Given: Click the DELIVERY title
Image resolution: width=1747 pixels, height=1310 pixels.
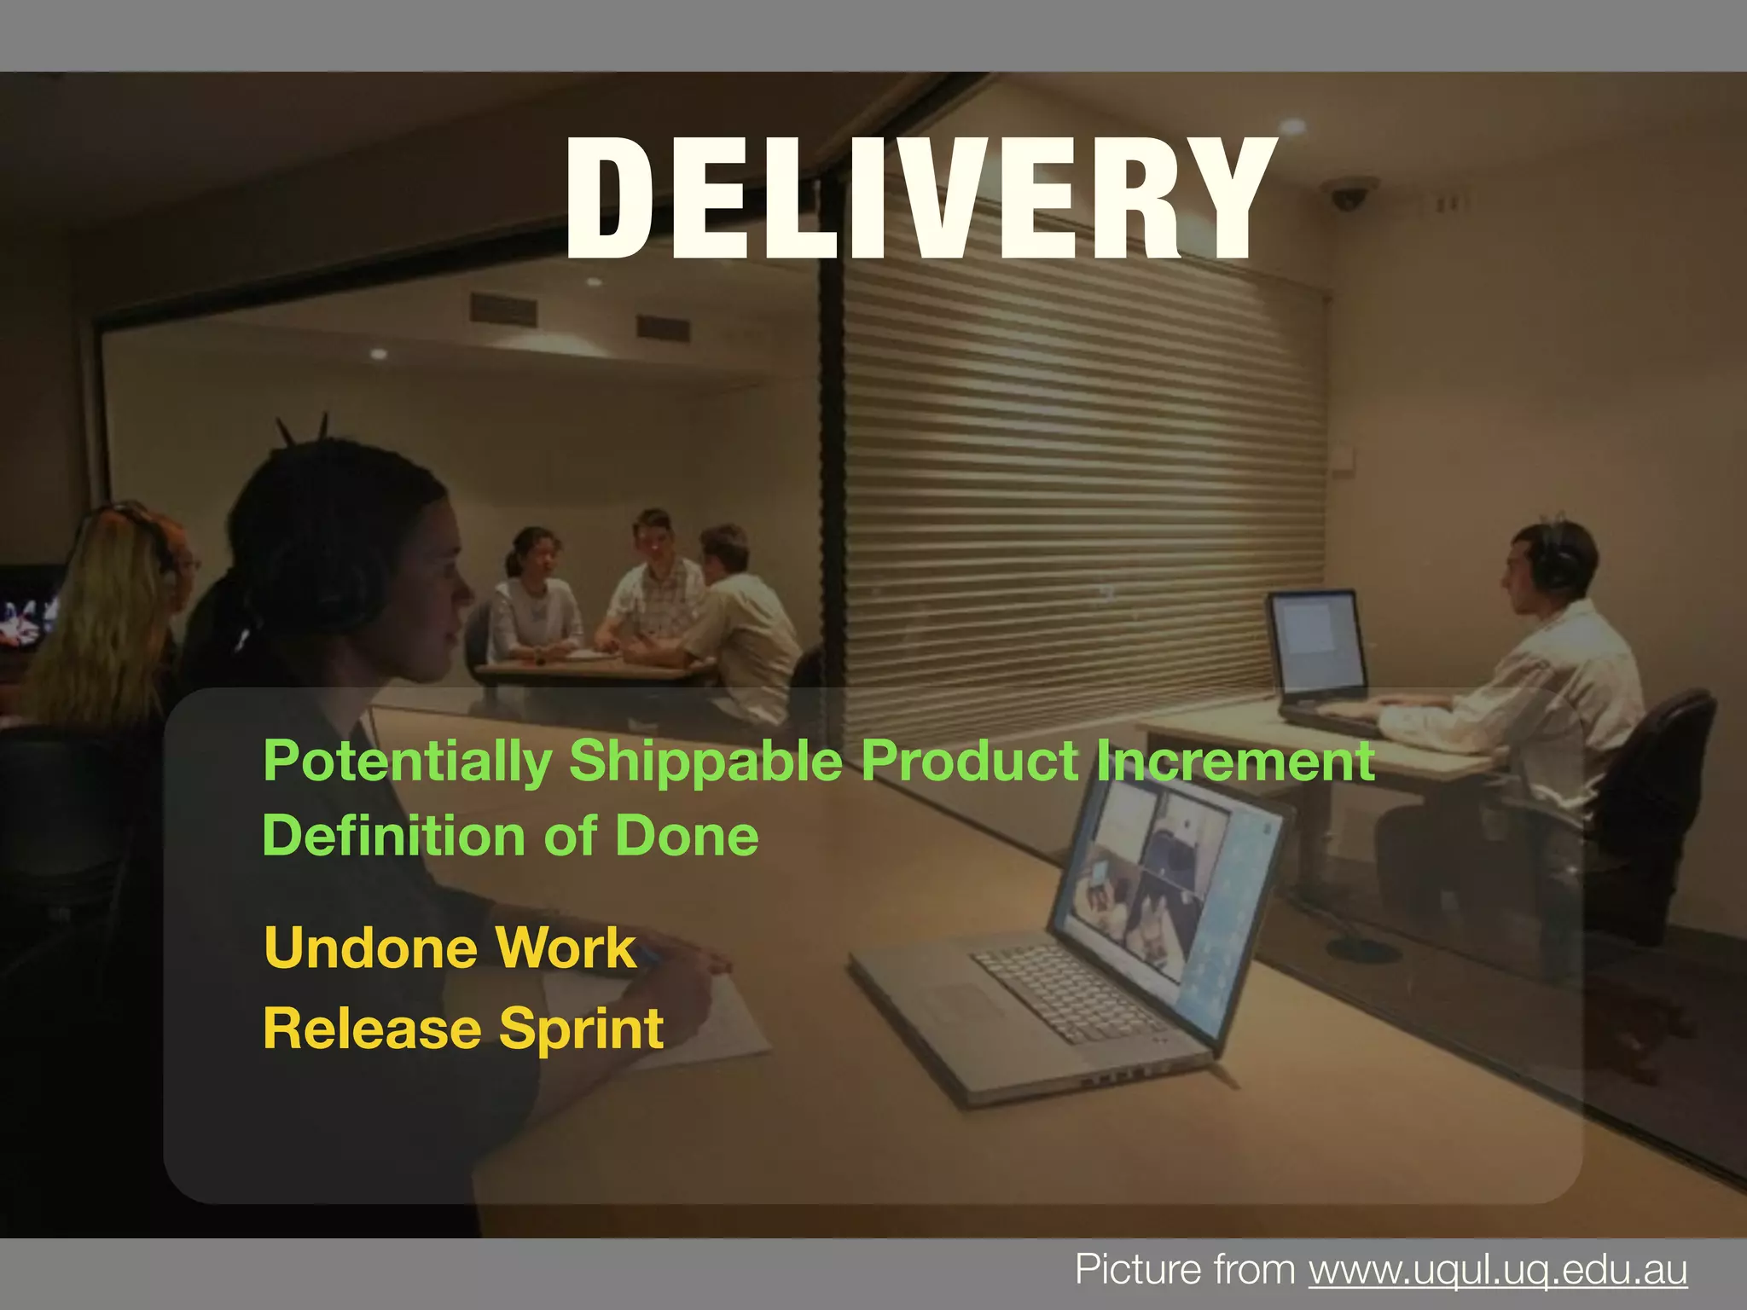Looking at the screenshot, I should coord(920,200).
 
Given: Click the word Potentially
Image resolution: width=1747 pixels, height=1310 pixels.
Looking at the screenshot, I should coord(408,761).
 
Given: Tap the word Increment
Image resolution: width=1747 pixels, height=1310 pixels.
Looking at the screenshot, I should coord(1234,761).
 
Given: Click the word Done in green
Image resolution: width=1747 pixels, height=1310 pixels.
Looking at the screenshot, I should coord(687,835).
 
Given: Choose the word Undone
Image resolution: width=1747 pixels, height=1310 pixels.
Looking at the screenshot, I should coord(372,948).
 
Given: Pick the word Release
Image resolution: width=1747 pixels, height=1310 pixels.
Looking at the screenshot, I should coord(372,1028).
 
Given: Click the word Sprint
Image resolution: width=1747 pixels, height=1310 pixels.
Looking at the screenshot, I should coord(581,1029).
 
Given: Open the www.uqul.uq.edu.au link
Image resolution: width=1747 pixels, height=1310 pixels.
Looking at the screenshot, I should coord(1498,1270).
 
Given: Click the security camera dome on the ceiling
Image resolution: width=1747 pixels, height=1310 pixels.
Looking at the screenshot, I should coord(1349,195).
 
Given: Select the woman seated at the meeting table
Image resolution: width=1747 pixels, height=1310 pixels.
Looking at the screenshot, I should coord(533,597).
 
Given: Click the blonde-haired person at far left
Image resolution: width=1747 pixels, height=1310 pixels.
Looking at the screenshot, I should coord(111,614).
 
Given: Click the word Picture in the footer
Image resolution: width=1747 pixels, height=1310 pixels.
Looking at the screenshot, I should coord(1128,1270).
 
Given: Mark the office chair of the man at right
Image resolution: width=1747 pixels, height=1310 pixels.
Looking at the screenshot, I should coord(1655,793).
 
